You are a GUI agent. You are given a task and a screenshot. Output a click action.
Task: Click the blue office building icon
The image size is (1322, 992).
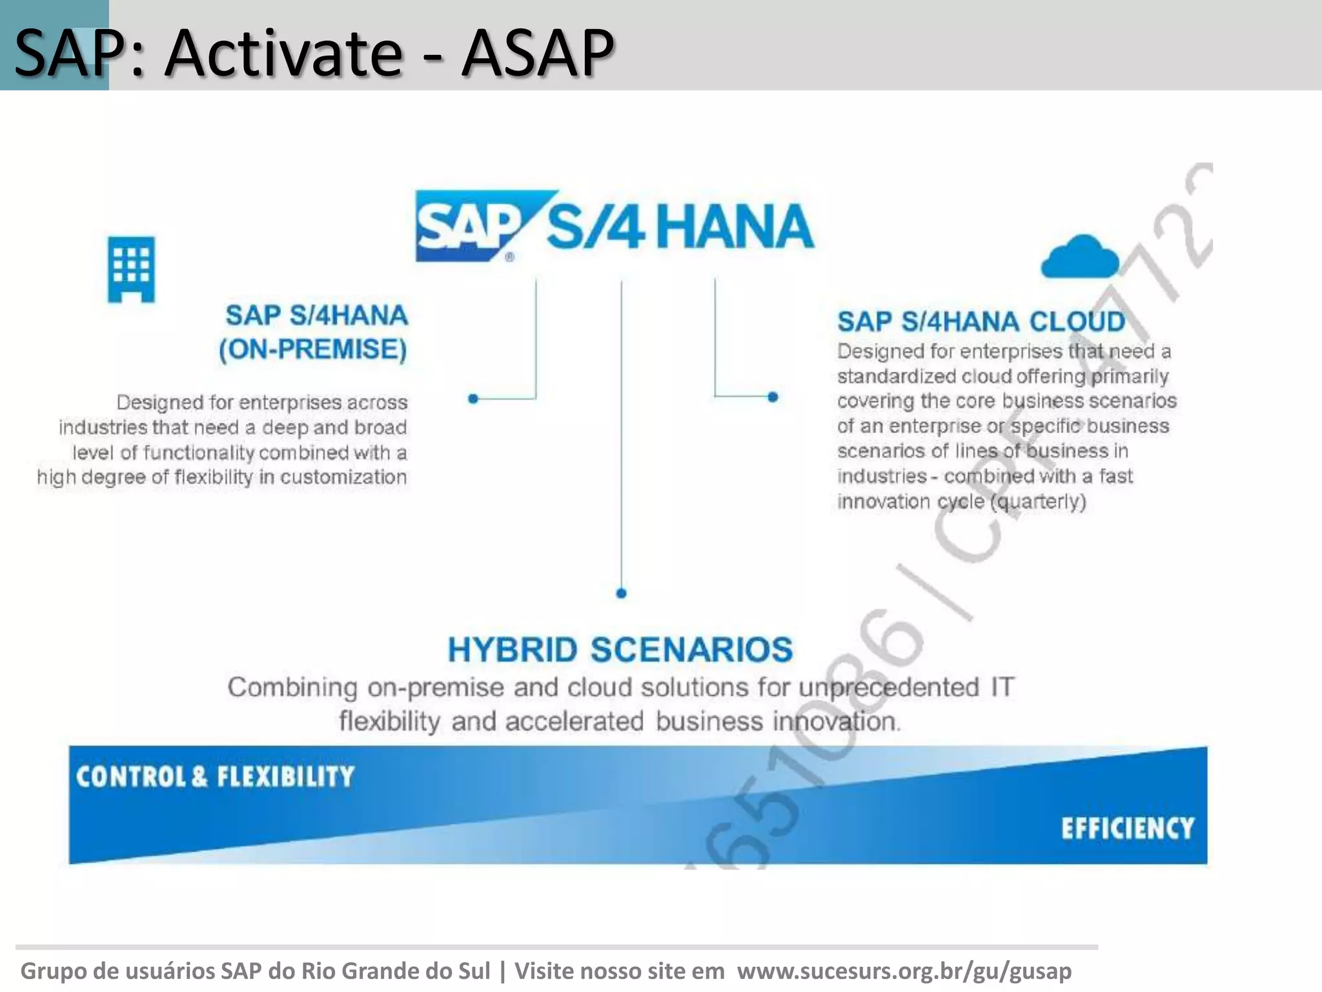click(131, 269)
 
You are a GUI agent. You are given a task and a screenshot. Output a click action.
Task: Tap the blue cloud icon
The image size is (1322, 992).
click(1080, 258)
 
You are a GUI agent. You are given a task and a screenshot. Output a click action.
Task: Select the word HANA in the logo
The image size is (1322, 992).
click(737, 227)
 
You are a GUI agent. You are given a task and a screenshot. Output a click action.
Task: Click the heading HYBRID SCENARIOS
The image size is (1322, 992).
click(620, 650)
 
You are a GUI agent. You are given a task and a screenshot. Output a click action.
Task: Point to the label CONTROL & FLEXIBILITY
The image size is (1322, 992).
click(215, 776)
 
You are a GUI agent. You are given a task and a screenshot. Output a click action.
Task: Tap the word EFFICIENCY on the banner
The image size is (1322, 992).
click(1128, 829)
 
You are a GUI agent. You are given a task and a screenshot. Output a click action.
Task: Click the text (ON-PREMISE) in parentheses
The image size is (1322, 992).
click(313, 349)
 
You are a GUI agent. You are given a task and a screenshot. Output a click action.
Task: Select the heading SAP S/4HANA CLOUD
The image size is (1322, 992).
click(981, 322)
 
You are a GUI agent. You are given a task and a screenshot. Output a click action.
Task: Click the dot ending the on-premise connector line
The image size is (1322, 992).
click(473, 399)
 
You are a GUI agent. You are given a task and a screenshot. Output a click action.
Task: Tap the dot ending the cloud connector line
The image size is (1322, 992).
click(773, 397)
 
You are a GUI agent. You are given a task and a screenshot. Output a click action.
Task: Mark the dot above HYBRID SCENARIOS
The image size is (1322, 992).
click(621, 593)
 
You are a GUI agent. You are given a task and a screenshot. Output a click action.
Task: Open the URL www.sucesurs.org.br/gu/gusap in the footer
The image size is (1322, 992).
click(904, 971)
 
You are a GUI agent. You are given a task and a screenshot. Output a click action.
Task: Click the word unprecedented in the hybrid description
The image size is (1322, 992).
click(889, 687)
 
